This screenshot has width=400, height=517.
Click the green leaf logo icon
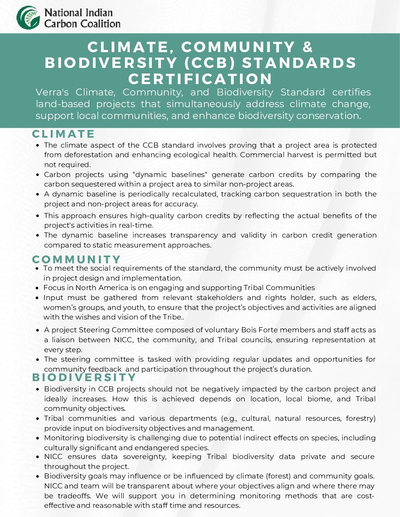[28, 18]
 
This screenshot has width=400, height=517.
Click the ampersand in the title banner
[307, 47]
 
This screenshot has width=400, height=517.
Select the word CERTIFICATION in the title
[200, 79]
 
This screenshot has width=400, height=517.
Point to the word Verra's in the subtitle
[52, 92]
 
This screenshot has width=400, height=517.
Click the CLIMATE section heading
[64, 134]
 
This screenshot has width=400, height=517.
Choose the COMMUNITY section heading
[76, 259]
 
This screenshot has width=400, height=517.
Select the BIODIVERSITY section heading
[84, 377]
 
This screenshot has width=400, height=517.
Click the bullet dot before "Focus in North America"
[38, 288]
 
